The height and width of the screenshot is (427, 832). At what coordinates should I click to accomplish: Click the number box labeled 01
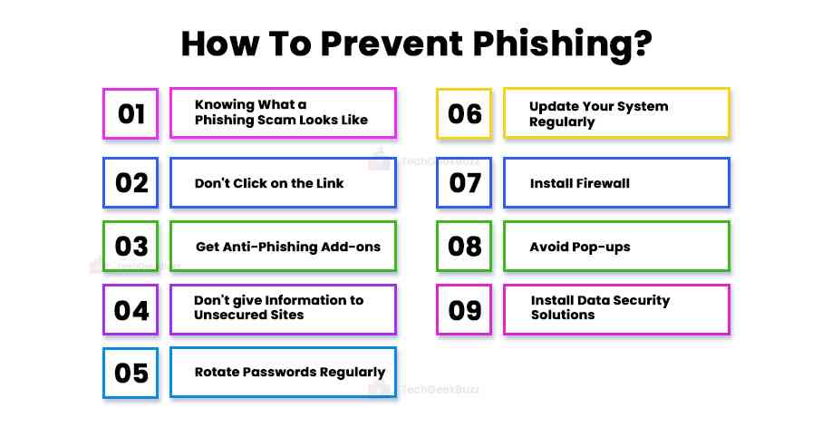[x=131, y=113]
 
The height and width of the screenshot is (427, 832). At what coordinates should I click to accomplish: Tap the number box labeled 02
[x=131, y=183]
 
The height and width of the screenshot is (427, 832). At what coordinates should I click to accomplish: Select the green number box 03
[x=131, y=247]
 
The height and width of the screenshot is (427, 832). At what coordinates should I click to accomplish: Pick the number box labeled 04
[x=131, y=310]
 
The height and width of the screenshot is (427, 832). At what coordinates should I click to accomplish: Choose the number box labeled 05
[x=131, y=373]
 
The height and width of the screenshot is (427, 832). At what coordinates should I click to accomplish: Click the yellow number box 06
[x=464, y=113]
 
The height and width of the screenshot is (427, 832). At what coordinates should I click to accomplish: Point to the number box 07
[x=464, y=183]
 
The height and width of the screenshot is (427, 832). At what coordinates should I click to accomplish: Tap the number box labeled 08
[x=464, y=247]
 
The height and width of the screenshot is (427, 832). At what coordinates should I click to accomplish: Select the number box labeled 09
[x=464, y=310]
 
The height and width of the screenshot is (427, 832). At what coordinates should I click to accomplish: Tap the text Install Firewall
[x=579, y=183]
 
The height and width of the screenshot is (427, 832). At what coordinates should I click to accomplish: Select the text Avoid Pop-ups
[x=579, y=247]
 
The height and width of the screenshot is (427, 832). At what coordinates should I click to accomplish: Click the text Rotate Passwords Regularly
[x=290, y=372]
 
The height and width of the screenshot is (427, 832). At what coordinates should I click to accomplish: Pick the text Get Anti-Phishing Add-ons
[x=288, y=247]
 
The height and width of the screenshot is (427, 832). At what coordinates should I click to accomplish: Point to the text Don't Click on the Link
[x=269, y=183]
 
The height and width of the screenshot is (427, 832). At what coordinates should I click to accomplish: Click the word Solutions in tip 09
[x=563, y=315]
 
